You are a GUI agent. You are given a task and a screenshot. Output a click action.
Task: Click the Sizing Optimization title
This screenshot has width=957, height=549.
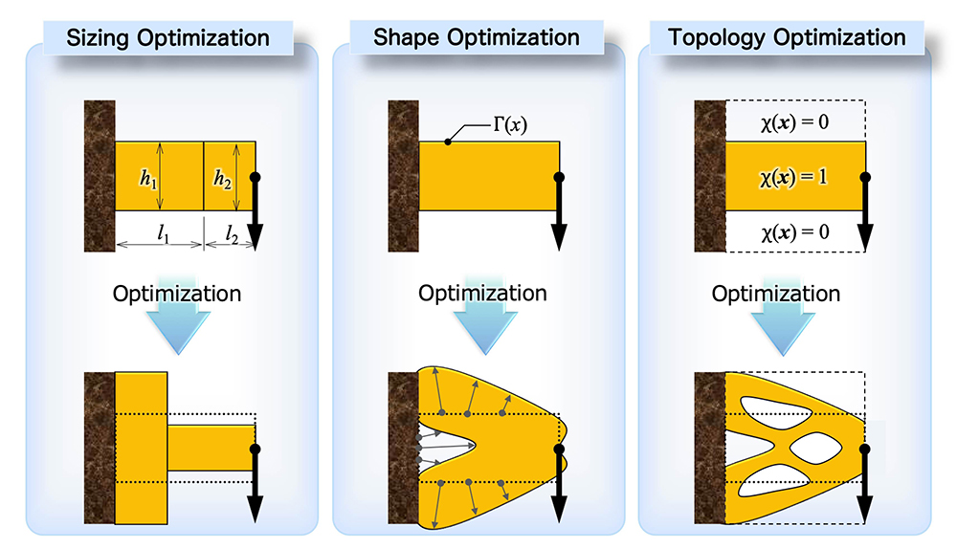(167, 38)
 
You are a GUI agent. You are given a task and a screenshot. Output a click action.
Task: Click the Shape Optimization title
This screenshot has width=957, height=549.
(476, 38)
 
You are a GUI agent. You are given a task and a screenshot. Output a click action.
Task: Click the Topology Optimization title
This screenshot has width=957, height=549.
(787, 38)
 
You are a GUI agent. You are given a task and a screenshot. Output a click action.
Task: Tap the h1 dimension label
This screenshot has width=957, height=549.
(148, 179)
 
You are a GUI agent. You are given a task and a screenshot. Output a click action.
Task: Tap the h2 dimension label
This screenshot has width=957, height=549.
(222, 179)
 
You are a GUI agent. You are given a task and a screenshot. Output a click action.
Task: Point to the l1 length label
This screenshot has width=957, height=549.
(163, 232)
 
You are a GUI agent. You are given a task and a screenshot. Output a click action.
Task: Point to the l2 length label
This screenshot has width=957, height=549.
(232, 233)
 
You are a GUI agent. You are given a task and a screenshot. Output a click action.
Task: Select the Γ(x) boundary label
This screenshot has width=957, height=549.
(510, 125)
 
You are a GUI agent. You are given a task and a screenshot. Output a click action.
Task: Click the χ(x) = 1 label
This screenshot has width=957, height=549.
(793, 178)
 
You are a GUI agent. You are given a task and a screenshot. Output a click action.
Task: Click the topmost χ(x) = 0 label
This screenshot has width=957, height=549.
(794, 122)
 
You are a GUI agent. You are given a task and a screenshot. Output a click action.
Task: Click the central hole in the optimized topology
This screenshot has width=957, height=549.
(816, 449)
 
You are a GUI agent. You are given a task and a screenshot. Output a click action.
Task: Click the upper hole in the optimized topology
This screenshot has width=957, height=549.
(775, 412)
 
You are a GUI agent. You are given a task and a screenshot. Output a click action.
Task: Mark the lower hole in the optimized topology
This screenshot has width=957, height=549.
(775, 481)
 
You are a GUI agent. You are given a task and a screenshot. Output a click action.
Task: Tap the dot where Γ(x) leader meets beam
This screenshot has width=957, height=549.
(448, 143)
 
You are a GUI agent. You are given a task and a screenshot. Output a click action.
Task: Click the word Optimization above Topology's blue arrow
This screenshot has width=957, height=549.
(776, 294)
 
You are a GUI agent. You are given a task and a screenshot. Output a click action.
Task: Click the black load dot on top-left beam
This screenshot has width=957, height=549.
(256, 178)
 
